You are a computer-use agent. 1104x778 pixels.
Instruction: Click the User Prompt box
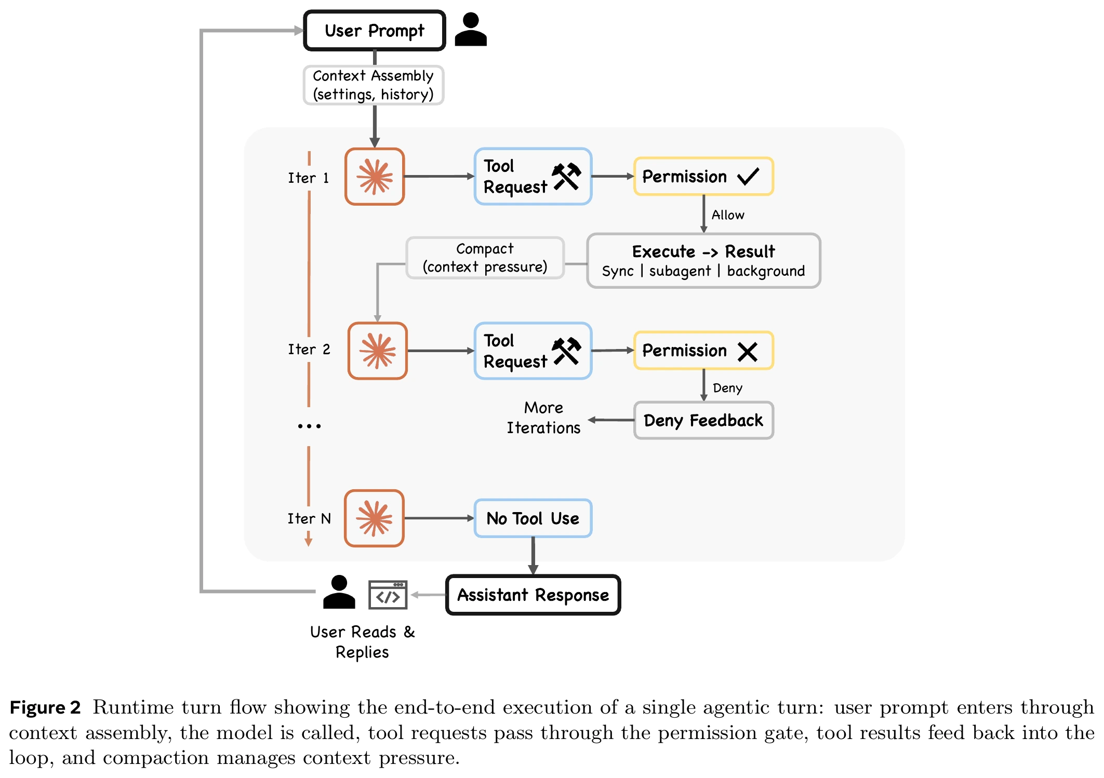tap(375, 31)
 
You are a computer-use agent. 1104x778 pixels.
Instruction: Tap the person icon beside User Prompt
tap(471, 30)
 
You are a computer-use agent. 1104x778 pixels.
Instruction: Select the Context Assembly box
tap(374, 85)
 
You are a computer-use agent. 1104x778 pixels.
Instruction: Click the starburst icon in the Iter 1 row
tap(375, 177)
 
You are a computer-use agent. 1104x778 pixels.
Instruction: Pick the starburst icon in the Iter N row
tap(375, 518)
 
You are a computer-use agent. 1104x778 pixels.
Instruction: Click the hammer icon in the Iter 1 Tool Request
tap(566, 177)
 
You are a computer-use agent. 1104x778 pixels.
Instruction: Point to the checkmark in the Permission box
tap(748, 177)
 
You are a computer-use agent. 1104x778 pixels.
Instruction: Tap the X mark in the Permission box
tap(748, 352)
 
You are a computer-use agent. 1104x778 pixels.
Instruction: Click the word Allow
tap(728, 215)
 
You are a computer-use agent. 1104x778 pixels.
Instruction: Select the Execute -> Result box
tap(703, 261)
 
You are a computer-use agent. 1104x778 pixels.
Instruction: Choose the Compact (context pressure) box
tap(485, 258)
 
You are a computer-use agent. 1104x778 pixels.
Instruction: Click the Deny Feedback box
tap(703, 420)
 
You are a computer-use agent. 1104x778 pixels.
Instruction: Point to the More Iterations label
tap(543, 418)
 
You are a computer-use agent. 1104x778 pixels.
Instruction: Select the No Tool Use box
tap(533, 518)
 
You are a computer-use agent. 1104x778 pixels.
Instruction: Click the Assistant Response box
tap(533, 595)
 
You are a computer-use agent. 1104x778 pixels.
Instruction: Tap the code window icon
tap(388, 595)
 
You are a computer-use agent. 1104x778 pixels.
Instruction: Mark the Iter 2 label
tap(309, 349)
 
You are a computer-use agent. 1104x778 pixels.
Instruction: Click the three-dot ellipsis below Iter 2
tap(309, 426)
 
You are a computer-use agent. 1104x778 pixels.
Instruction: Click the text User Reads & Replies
tap(362, 642)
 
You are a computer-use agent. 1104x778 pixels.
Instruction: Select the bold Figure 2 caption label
tap(45, 707)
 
